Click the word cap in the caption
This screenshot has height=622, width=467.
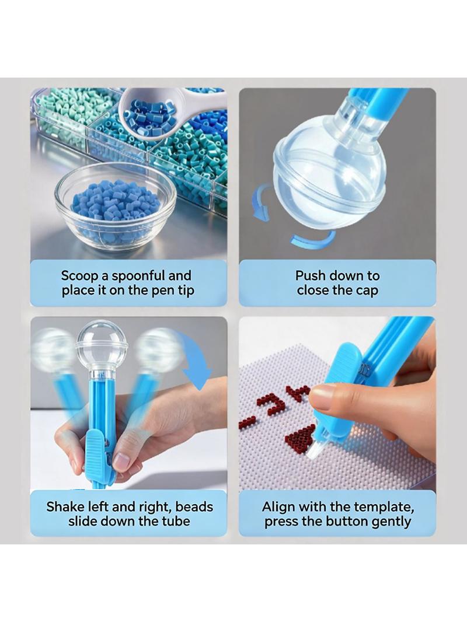click(367, 291)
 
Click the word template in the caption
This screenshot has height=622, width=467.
click(381, 508)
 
